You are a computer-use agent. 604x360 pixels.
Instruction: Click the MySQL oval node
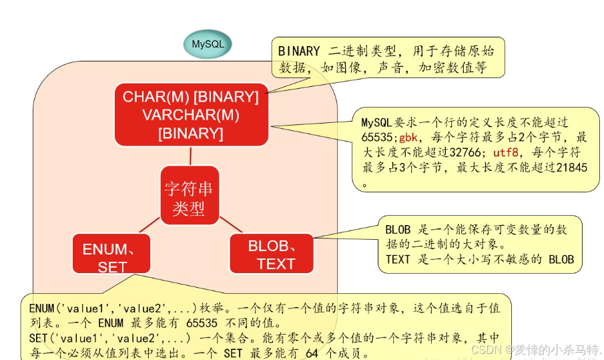[x=208, y=45]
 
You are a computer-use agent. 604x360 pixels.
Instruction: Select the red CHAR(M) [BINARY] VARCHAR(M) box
[x=190, y=115]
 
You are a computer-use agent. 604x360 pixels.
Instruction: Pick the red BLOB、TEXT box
[x=272, y=254]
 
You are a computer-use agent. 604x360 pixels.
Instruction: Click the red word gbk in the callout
[x=408, y=138]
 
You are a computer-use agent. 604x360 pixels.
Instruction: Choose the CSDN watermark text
[x=487, y=349]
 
